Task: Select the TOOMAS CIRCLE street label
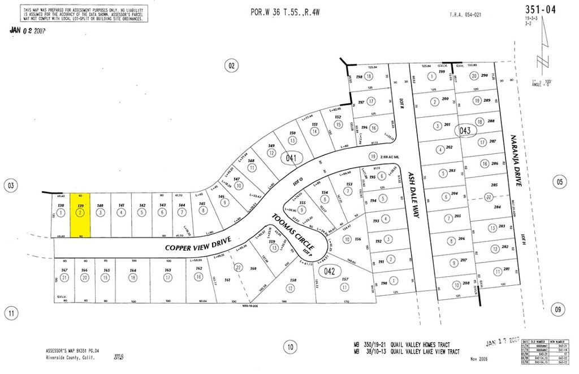click(292, 233)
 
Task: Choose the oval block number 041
click(291, 158)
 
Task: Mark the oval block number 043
click(465, 130)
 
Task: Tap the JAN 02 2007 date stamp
click(28, 31)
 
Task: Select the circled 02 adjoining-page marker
click(231, 66)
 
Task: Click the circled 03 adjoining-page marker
click(10, 185)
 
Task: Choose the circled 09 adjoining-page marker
click(559, 309)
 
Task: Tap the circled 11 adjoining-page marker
click(10, 312)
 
